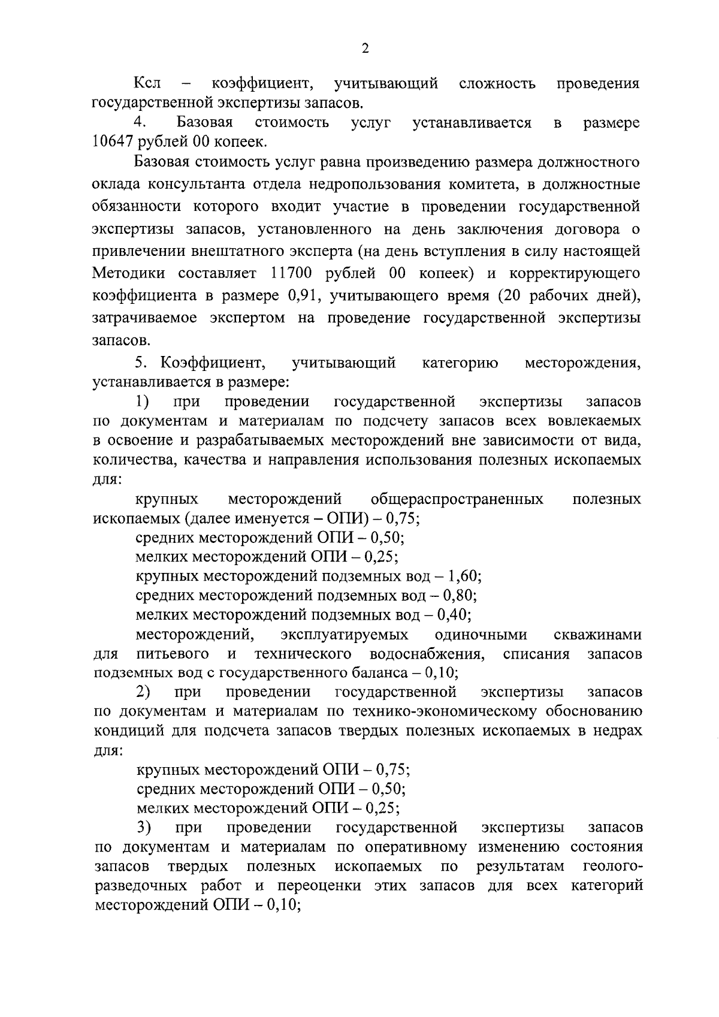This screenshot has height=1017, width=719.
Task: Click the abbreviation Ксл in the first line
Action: click(147, 83)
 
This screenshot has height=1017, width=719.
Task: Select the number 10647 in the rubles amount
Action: click(113, 142)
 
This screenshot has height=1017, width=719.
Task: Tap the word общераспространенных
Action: click(457, 499)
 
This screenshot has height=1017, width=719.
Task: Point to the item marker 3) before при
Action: click(143, 828)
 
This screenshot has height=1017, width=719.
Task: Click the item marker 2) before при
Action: click(143, 692)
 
